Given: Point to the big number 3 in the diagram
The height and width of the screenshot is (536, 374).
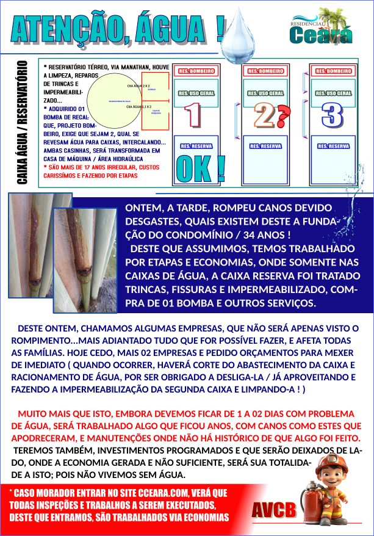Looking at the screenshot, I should coord(332,115).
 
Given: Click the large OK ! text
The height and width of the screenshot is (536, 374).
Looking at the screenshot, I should coord(199,168).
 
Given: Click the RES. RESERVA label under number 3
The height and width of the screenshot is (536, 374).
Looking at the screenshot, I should coord(333,147).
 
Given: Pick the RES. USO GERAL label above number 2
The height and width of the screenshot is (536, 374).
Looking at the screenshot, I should coord(265,93).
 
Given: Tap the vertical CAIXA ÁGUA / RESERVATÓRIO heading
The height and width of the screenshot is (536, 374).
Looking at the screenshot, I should coord(23,122).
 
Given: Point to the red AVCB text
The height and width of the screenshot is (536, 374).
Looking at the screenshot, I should coord(273,509).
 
